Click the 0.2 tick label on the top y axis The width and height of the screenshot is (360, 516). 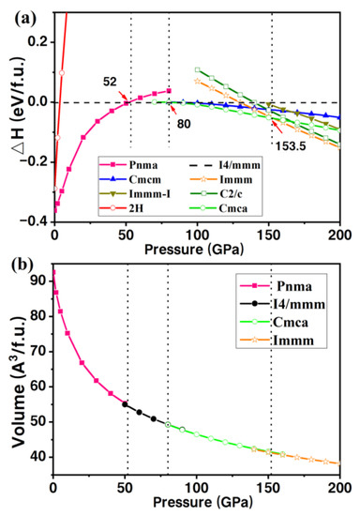click(38, 41)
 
